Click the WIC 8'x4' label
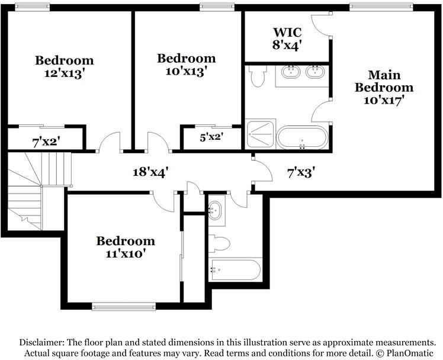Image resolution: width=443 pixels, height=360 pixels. coord(287,37)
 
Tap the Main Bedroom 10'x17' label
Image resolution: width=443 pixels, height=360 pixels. coord(384,88)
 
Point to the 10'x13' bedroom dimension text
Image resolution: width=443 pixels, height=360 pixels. coord(186,70)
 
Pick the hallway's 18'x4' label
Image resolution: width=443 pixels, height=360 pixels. coord(150,172)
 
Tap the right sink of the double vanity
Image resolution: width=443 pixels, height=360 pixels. coord(314,73)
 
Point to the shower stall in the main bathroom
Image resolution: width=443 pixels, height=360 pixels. coord(261,136)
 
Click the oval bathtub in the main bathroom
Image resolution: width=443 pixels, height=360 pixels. coord(301,137)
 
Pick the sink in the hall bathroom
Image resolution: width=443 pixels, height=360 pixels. coord(216,209)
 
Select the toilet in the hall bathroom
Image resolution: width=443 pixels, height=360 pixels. coord(219,243)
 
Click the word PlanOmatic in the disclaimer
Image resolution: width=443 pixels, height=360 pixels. coord(406,353)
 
